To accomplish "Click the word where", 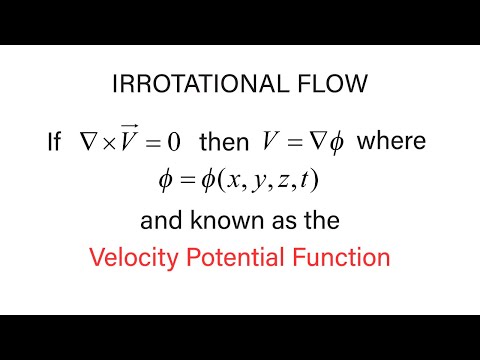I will (x=391, y=143).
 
